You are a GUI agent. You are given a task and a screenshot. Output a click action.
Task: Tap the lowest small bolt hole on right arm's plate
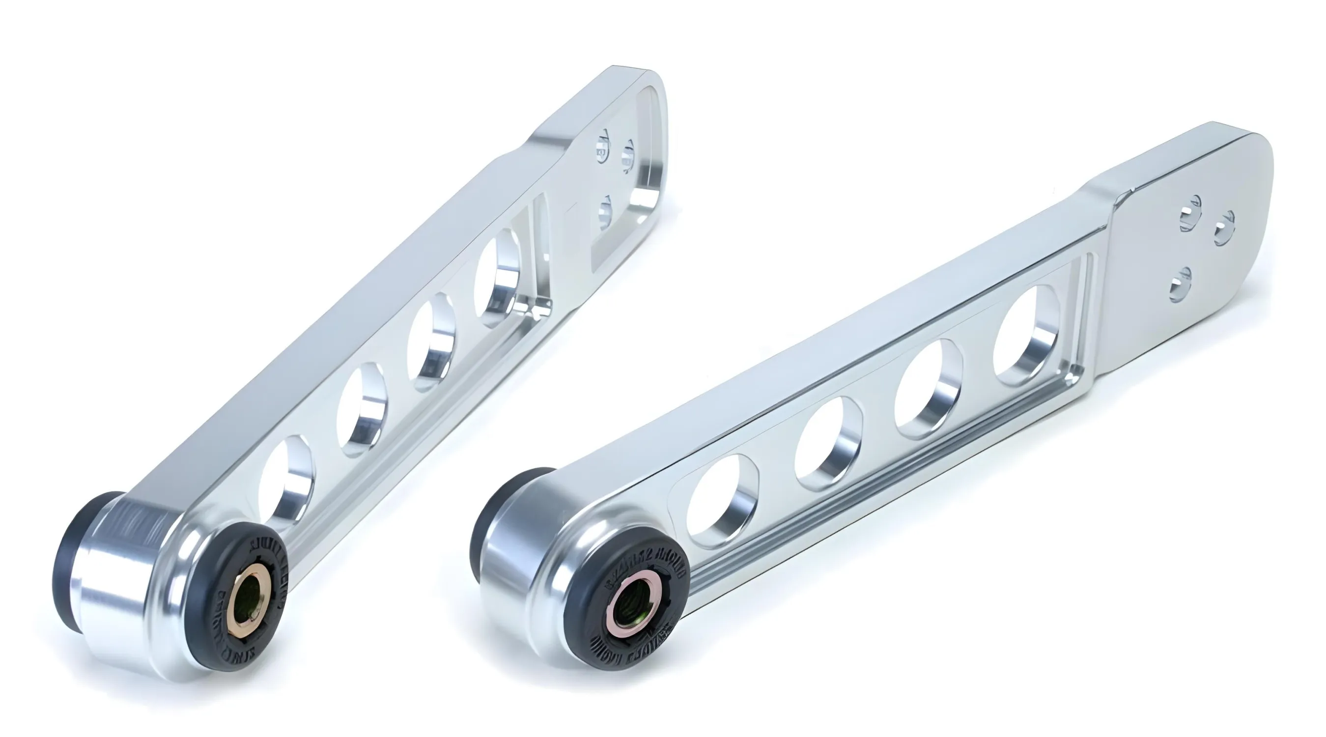coord(1180,283)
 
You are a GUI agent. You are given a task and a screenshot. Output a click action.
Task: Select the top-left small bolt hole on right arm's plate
coord(1190,211)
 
